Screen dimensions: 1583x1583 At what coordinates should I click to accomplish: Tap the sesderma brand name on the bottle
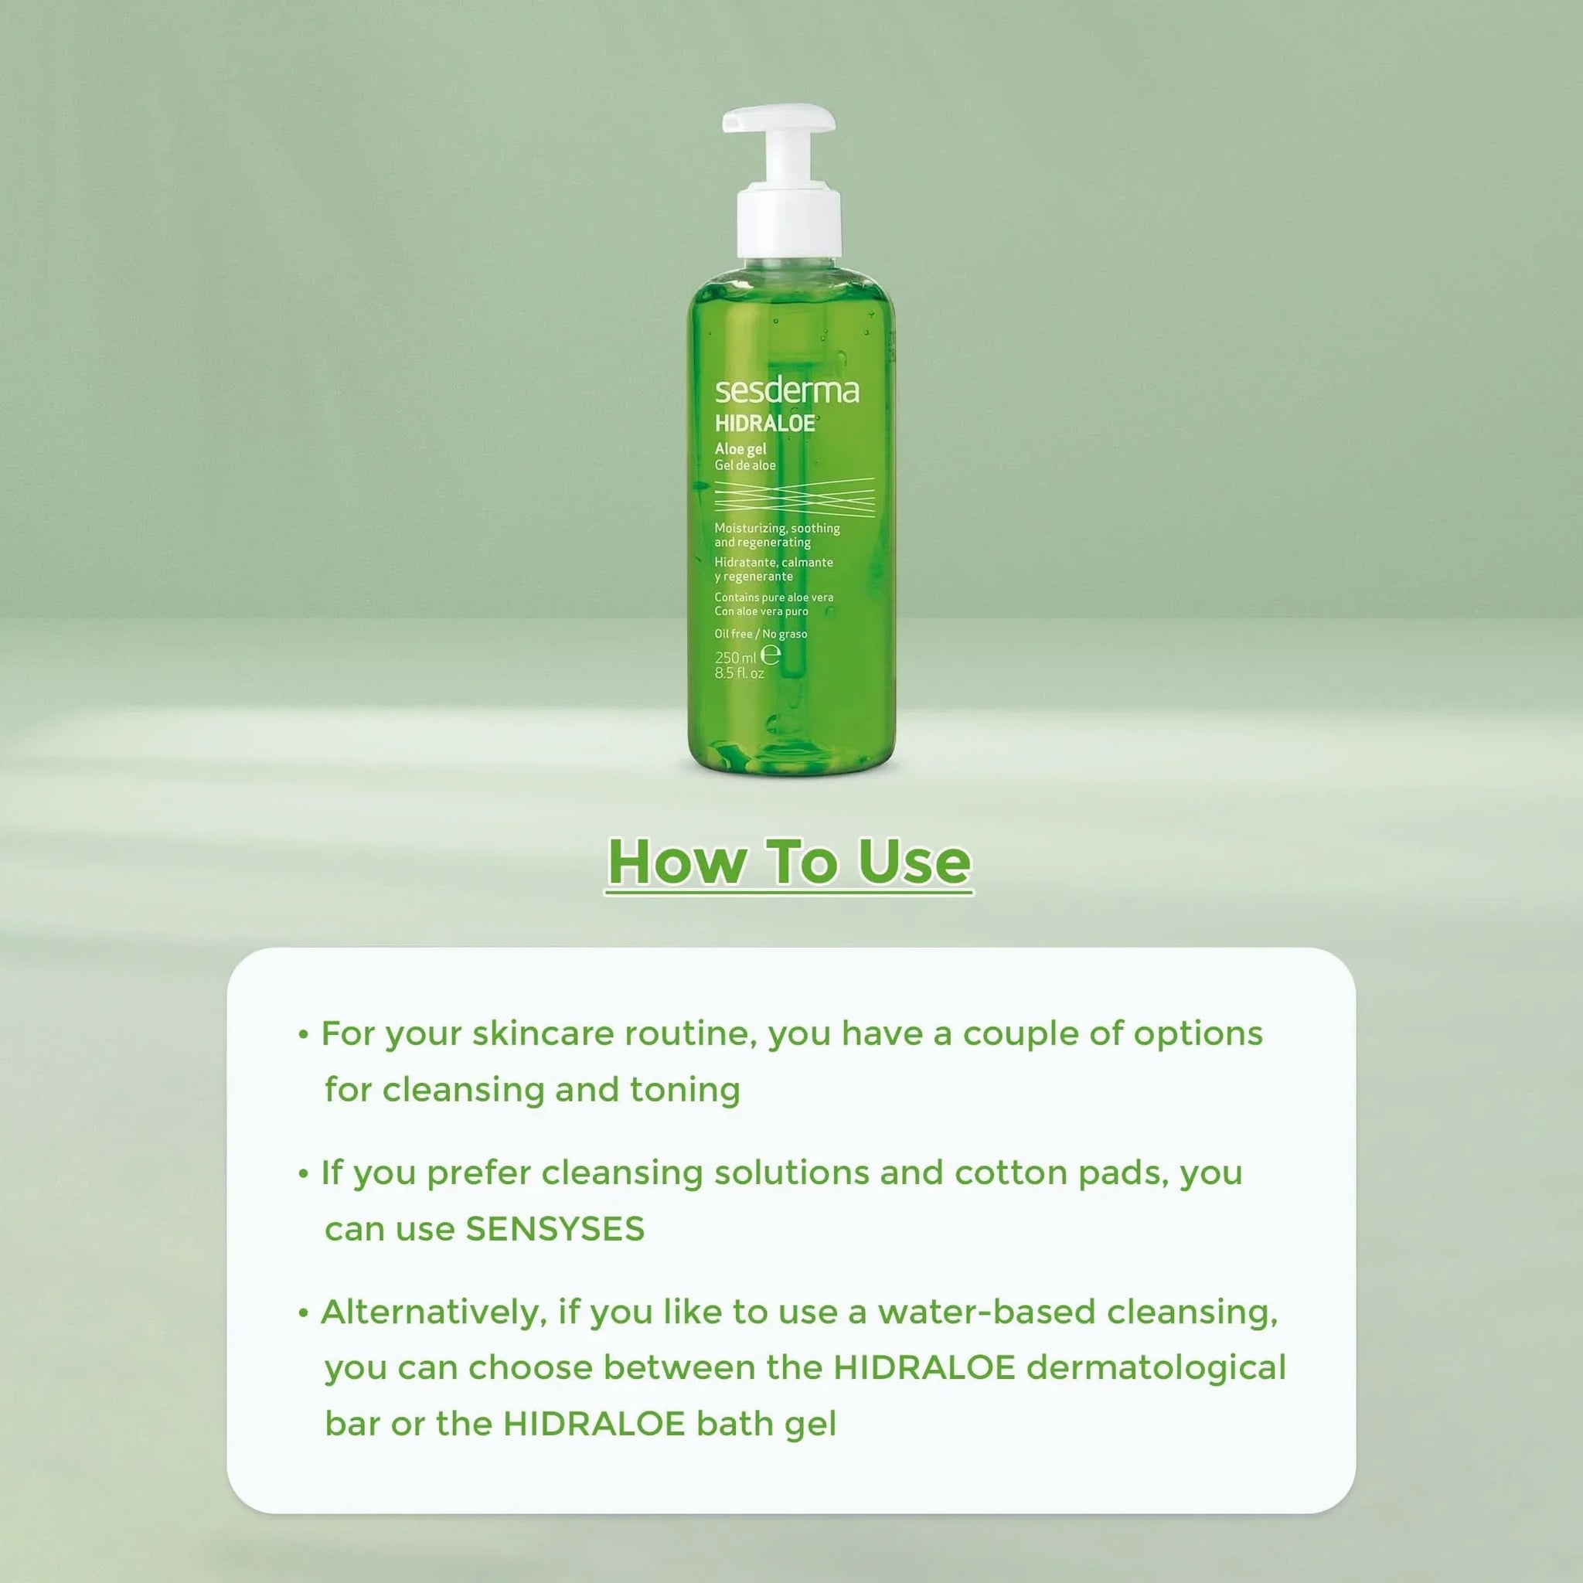787,391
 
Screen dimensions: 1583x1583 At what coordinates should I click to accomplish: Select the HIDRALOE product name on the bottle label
764,424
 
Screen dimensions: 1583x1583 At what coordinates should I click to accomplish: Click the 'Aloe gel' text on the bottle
740,449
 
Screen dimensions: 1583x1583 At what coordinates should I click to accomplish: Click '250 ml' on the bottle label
735,657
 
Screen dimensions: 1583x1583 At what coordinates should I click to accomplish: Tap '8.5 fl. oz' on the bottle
739,673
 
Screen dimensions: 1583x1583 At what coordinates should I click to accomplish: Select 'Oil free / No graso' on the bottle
761,634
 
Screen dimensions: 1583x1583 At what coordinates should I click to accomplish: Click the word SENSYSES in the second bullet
555,1228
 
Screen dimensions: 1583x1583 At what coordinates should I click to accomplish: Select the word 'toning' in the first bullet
684,1090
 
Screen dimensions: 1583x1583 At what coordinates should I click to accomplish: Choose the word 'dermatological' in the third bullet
1156,1367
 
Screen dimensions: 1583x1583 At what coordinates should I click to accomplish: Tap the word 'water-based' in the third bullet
986,1312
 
